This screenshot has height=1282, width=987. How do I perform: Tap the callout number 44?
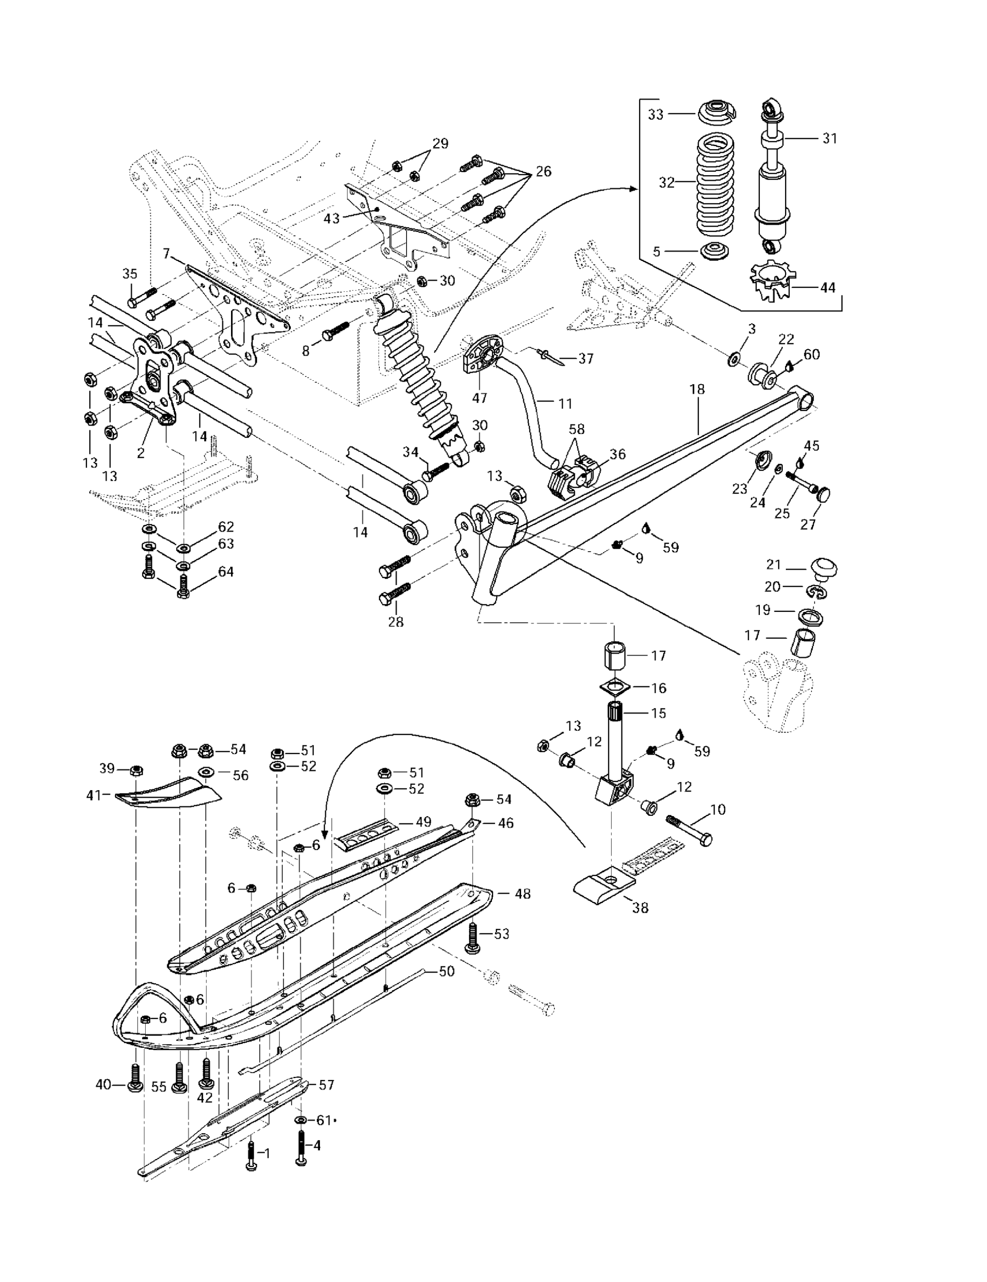point(827,288)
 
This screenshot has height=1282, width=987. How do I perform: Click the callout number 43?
point(331,218)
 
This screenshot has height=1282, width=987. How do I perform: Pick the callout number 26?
point(543,171)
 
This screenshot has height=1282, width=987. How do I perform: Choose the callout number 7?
point(167,253)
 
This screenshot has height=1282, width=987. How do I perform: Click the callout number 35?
point(130,273)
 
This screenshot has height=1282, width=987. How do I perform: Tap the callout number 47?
point(480,398)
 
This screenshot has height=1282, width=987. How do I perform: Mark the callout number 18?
point(697,389)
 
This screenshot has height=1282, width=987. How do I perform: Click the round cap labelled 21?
point(824,568)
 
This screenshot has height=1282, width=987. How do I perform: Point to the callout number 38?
point(640,908)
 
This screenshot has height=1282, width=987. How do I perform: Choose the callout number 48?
point(522,894)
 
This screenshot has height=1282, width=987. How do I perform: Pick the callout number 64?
point(226,571)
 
